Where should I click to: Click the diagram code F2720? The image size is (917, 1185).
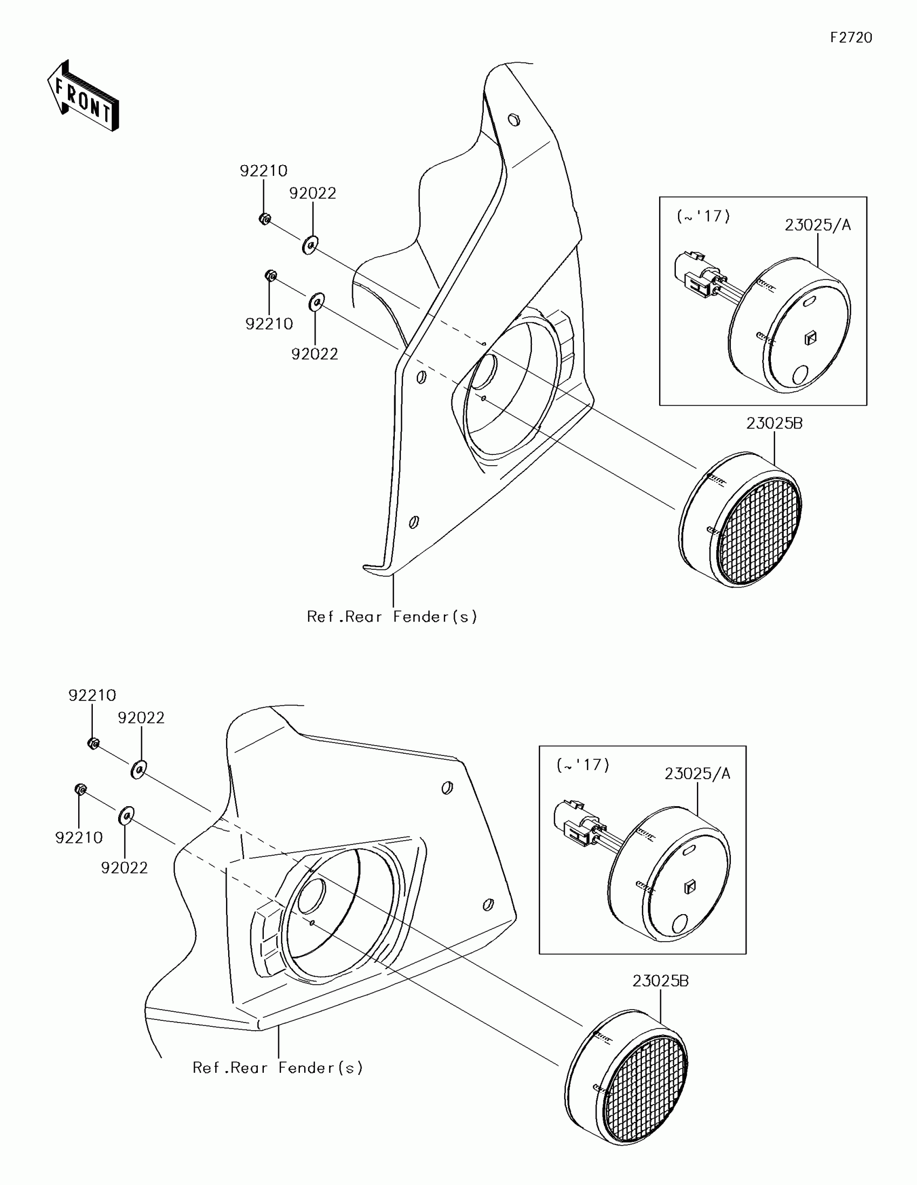(x=851, y=38)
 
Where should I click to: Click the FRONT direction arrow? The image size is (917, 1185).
(x=83, y=97)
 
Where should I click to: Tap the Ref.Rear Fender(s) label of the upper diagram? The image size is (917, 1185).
(x=392, y=616)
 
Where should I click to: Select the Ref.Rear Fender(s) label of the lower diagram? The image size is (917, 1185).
(x=278, y=1068)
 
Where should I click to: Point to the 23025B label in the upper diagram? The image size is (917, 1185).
(x=774, y=423)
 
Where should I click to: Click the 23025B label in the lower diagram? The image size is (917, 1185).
(x=660, y=981)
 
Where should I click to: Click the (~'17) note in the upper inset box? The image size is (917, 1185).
(x=703, y=216)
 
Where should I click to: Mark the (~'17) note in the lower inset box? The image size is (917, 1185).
(x=583, y=765)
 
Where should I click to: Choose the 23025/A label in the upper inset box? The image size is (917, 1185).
(x=818, y=224)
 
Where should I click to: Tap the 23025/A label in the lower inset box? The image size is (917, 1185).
(x=697, y=774)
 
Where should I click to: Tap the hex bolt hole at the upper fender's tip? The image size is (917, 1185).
(x=514, y=119)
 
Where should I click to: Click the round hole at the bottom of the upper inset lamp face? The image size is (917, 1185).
(x=800, y=374)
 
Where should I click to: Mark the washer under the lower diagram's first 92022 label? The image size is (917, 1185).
(x=139, y=769)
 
